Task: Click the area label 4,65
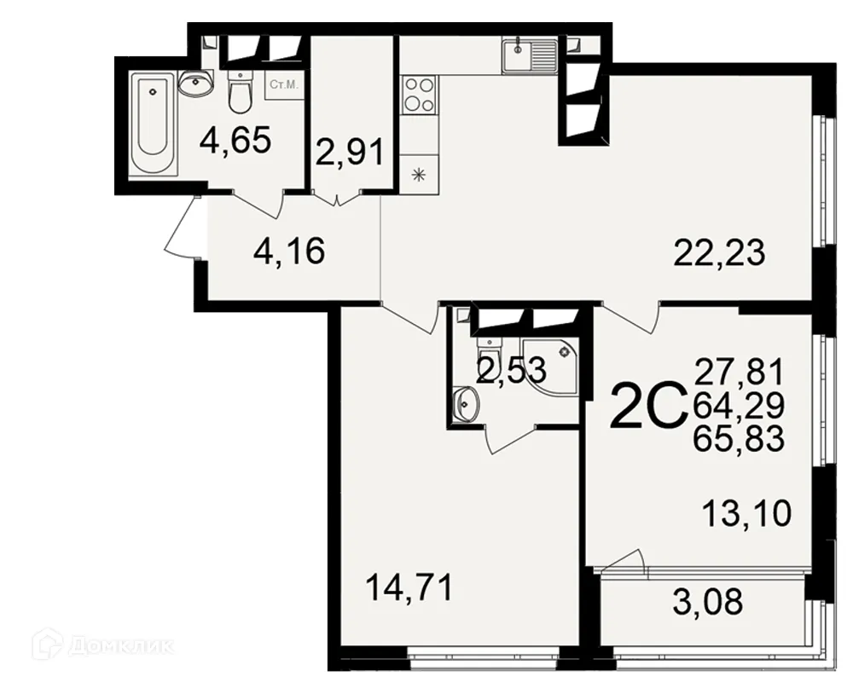tap(235, 141)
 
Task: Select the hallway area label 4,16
tap(289, 252)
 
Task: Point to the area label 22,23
tap(719, 252)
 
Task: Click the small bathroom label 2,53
tap(511, 371)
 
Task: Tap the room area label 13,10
tap(748, 514)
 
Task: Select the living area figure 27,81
tap(739, 373)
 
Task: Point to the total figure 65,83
tap(739, 440)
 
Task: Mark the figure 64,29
tap(739, 406)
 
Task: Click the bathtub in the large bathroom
tap(152, 125)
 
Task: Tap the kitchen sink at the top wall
tap(529, 55)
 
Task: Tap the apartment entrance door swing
tap(182, 230)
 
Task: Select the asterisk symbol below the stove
tap(418, 176)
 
